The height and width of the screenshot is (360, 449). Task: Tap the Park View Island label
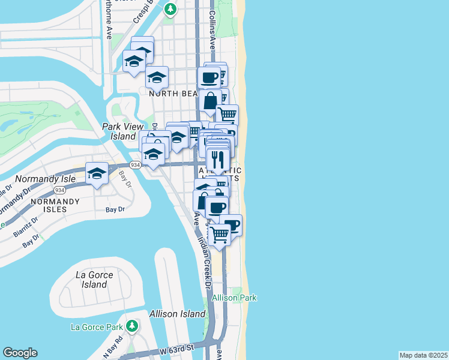pos(119,131)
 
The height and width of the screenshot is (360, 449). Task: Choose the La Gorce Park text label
pos(96,327)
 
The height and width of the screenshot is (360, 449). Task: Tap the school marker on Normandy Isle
pos(97,173)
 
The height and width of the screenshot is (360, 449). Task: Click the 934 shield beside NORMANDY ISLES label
pos(59,190)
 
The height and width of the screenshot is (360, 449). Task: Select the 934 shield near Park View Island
pos(135,165)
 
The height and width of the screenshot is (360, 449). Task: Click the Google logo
pos(20,353)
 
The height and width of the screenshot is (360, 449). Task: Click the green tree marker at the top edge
pos(171,8)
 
